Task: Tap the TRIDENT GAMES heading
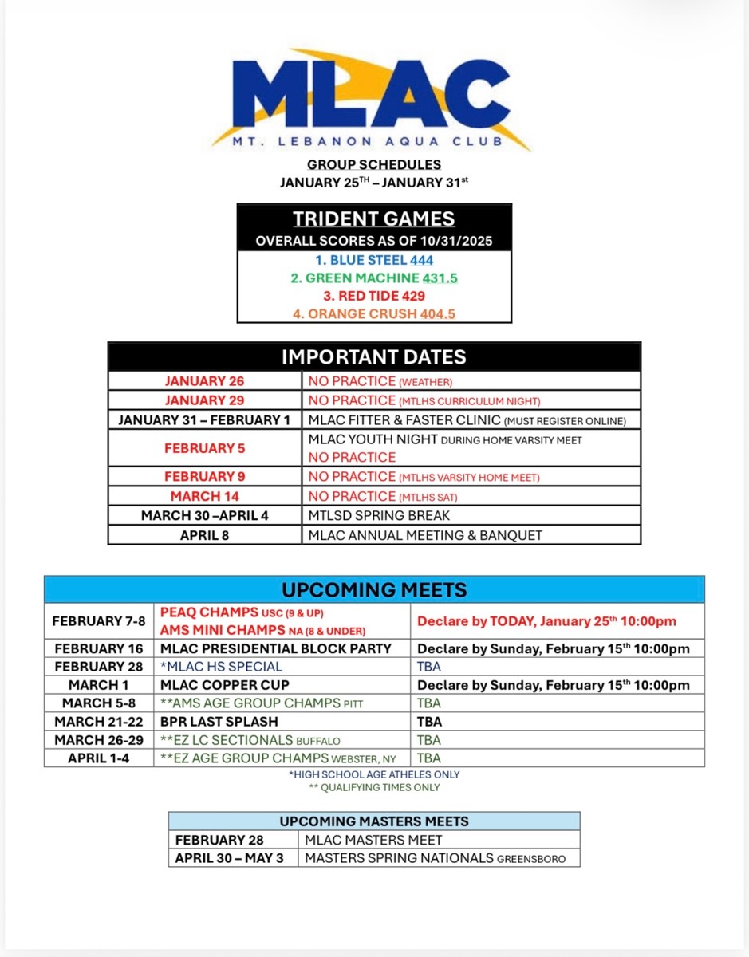click(x=373, y=219)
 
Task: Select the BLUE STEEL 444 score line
click(x=373, y=260)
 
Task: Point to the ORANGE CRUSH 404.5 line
click(x=373, y=313)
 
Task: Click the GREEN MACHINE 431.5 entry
click(x=373, y=278)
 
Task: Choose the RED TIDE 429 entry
click(x=373, y=296)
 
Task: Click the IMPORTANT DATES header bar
click(x=373, y=356)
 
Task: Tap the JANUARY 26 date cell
click(x=205, y=381)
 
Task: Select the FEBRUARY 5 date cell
click(x=205, y=448)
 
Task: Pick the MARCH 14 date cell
click(x=205, y=496)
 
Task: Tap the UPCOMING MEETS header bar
click(x=374, y=590)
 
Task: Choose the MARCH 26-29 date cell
click(x=99, y=740)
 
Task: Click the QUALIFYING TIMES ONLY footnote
click(x=374, y=787)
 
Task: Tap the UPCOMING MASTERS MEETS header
click(x=373, y=821)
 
